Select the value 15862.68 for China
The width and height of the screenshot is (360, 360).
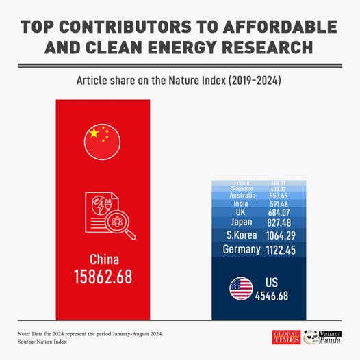tap(103, 277)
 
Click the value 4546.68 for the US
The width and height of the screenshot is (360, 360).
tap(272, 296)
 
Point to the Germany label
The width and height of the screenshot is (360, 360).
tap(242, 250)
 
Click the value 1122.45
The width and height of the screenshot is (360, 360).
tap(281, 250)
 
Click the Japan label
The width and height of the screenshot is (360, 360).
tap(242, 222)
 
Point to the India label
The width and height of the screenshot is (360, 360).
tap(242, 204)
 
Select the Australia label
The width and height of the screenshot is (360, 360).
tap(242, 196)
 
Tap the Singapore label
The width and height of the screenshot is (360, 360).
tap(242, 189)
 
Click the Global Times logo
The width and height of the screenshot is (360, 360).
tap(286, 337)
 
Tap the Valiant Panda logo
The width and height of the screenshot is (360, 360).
tap(326, 337)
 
